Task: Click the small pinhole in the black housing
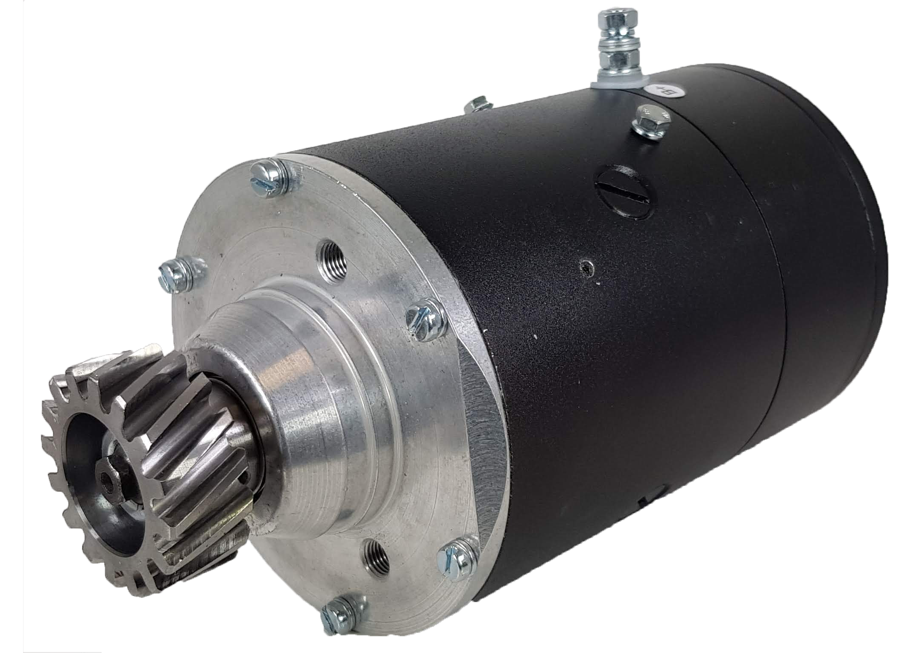[x=587, y=267]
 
